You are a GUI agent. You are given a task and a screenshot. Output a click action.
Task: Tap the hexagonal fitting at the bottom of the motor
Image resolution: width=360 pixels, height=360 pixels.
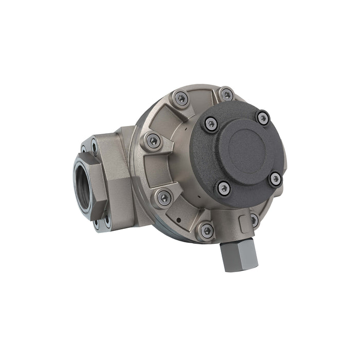tap(238, 254)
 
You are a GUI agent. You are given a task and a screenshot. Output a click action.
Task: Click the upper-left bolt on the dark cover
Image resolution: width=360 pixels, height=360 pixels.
tap(210, 123)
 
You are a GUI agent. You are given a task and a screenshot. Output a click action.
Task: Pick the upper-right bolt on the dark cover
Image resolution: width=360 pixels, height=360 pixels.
tap(263, 118)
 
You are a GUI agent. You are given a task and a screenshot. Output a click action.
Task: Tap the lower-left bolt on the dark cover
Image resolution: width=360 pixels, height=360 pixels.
tap(223, 188)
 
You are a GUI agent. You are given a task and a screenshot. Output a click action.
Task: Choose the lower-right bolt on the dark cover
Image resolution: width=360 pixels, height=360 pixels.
tap(276, 178)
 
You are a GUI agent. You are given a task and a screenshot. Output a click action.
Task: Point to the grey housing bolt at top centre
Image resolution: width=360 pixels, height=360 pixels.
tap(226, 95)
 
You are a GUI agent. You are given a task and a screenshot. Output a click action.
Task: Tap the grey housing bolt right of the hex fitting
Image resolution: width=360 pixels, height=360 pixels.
tap(254, 220)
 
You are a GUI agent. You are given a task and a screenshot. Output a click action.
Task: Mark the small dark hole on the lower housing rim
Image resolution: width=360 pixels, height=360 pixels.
tap(177, 219)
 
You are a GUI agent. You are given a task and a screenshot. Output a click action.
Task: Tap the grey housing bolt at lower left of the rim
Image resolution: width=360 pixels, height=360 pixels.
tap(164, 197)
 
